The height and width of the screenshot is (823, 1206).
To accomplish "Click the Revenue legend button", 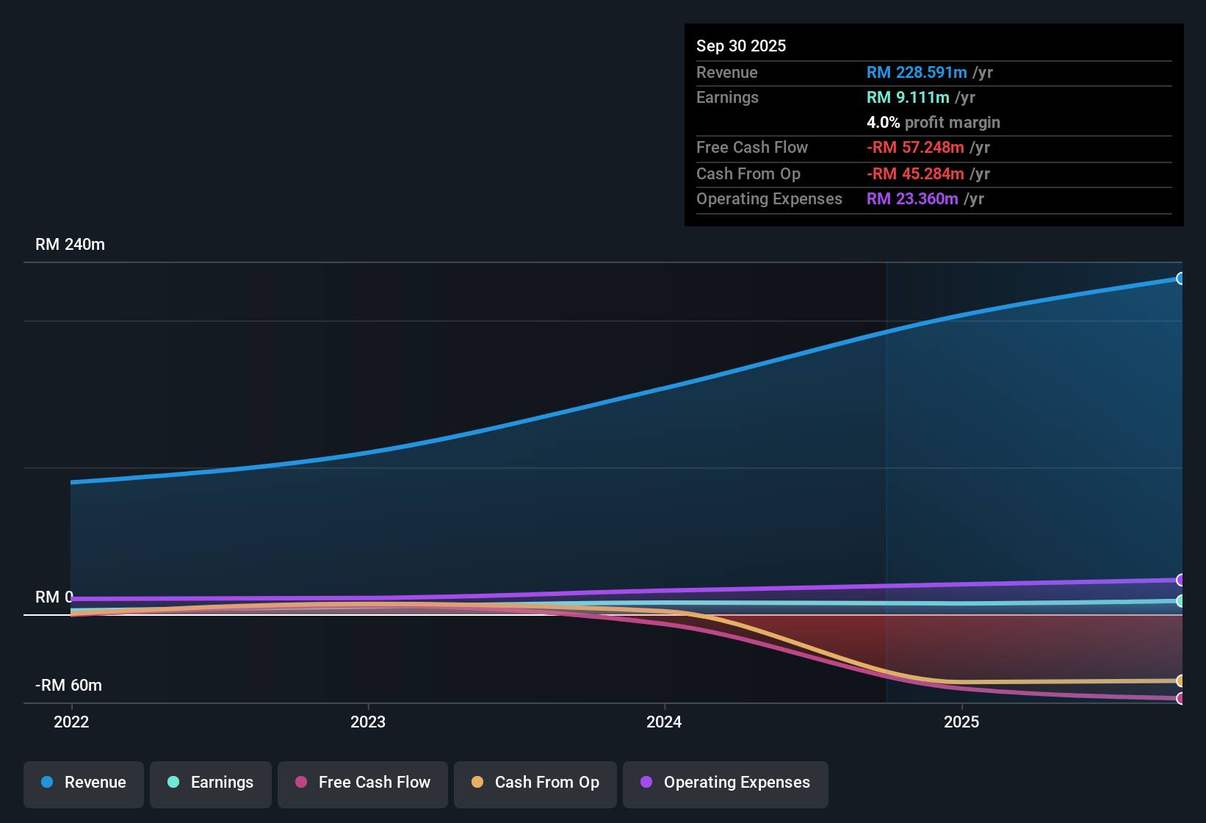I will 84,783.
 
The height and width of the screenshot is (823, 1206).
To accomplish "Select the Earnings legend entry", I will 211,783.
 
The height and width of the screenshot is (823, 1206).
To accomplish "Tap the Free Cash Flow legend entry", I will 363,783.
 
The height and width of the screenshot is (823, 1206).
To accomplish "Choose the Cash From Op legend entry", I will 535,783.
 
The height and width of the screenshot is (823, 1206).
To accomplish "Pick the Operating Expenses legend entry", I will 726,783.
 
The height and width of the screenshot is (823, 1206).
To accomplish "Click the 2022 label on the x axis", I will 71,722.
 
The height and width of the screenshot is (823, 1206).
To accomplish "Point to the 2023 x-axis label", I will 368,722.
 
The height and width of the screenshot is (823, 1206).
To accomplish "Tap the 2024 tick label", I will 664,722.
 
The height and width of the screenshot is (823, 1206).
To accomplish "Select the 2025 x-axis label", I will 961,722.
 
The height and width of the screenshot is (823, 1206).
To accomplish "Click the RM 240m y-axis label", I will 70,245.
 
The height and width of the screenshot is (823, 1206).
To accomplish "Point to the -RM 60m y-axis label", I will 68,686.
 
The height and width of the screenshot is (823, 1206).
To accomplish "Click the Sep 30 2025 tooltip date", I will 741,46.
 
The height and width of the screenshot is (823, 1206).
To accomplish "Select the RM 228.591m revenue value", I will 917,72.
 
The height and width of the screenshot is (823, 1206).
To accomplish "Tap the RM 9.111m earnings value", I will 908,97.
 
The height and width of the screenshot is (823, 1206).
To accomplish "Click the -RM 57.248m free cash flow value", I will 915,147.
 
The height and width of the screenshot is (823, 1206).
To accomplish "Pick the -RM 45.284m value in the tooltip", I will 915,173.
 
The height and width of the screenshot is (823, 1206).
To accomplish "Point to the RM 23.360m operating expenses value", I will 912,198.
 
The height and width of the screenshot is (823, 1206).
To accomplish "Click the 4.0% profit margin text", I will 933,122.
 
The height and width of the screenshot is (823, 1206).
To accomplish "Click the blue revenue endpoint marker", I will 1180,278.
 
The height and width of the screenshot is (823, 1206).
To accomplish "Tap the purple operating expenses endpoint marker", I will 1180,580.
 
